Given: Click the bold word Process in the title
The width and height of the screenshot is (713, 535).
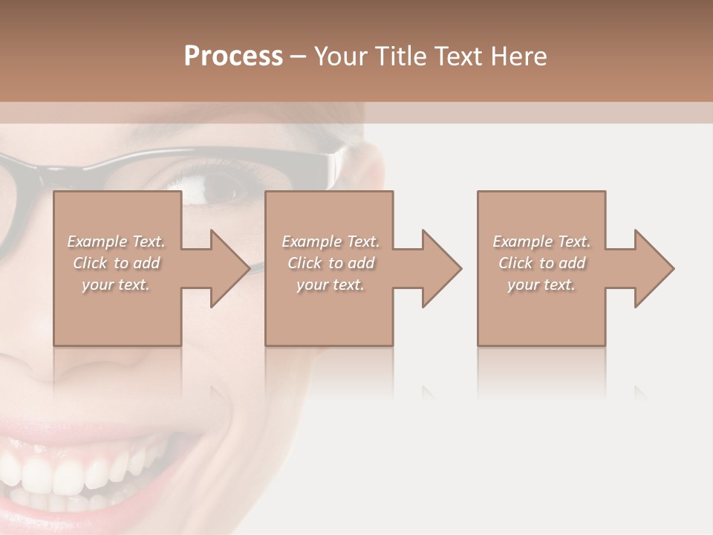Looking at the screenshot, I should tap(233, 56).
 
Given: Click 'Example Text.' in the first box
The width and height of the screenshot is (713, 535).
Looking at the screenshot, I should tap(116, 241).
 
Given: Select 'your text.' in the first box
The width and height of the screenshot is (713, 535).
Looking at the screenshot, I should tap(116, 285).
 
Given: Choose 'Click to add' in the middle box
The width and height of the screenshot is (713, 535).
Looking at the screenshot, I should tap(331, 263).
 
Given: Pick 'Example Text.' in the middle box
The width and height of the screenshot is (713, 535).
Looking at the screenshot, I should tap(331, 241).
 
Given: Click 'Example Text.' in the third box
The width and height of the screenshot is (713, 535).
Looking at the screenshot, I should tap(541, 241).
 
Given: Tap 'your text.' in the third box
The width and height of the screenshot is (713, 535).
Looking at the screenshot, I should tap(541, 285).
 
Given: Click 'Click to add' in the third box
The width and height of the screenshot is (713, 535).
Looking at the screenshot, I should tap(541, 263).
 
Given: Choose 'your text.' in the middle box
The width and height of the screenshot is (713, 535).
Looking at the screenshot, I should tap(331, 285).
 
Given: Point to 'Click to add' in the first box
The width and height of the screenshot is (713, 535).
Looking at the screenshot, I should tap(116, 263).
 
